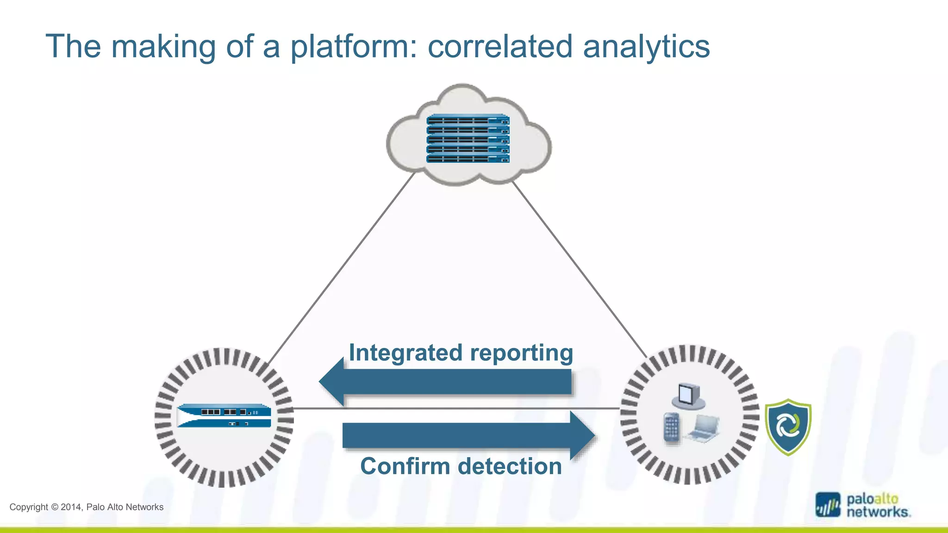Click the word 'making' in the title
(163, 47)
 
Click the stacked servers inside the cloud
(468, 138)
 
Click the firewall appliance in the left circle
(224, 415)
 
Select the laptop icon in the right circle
(704, 428)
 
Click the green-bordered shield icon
(788, 427)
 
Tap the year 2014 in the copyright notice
(71, 507)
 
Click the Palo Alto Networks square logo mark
(828, 505)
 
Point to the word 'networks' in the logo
(877, 512)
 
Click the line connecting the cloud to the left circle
(343, 266)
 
